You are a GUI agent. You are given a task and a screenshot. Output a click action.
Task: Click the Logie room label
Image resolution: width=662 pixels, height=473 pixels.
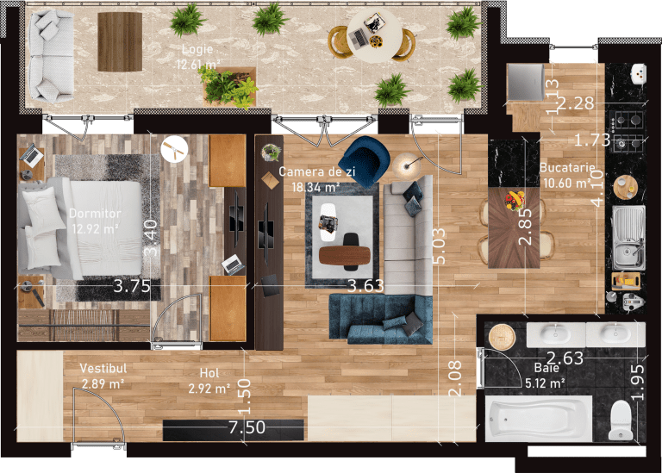coord(197,49)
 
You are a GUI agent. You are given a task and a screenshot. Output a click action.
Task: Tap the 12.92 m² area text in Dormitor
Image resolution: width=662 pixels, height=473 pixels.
coord(95,229)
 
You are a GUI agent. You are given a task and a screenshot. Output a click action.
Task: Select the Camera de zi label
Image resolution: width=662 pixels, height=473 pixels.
coord(316,171)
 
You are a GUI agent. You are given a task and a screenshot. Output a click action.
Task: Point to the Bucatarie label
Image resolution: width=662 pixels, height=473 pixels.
coord(567,167)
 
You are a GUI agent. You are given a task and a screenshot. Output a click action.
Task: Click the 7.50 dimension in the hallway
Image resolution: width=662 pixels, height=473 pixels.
coord(247,427)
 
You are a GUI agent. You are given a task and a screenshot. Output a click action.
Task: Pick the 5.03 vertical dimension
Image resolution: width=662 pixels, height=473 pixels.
coord(440,246)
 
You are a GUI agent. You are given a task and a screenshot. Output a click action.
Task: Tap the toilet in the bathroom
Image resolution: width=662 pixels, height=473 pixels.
coord(621,420)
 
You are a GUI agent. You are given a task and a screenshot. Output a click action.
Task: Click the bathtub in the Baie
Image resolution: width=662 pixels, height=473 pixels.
coord(539,419)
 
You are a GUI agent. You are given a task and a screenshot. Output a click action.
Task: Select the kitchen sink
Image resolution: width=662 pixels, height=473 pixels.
coord(628,238)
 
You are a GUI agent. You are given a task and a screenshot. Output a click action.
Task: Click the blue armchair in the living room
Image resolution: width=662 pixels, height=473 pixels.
coord(365,161)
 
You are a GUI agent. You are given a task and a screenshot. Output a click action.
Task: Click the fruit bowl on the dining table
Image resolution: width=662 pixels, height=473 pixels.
coord(515,199)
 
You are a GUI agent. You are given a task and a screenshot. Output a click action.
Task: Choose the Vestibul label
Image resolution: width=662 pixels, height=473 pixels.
coord(103,369)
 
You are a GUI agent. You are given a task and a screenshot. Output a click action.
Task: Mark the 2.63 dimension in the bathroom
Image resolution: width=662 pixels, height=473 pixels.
coord(565,358)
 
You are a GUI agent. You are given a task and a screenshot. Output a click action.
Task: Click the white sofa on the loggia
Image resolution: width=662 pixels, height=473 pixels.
coord(50,56)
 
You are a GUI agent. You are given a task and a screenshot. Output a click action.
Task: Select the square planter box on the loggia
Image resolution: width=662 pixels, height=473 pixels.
coord(229,86)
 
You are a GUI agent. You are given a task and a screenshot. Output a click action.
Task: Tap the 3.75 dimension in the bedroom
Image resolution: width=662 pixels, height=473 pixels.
coord(132,286)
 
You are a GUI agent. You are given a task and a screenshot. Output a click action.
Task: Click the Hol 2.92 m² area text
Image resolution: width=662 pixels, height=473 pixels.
coord(209,389)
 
